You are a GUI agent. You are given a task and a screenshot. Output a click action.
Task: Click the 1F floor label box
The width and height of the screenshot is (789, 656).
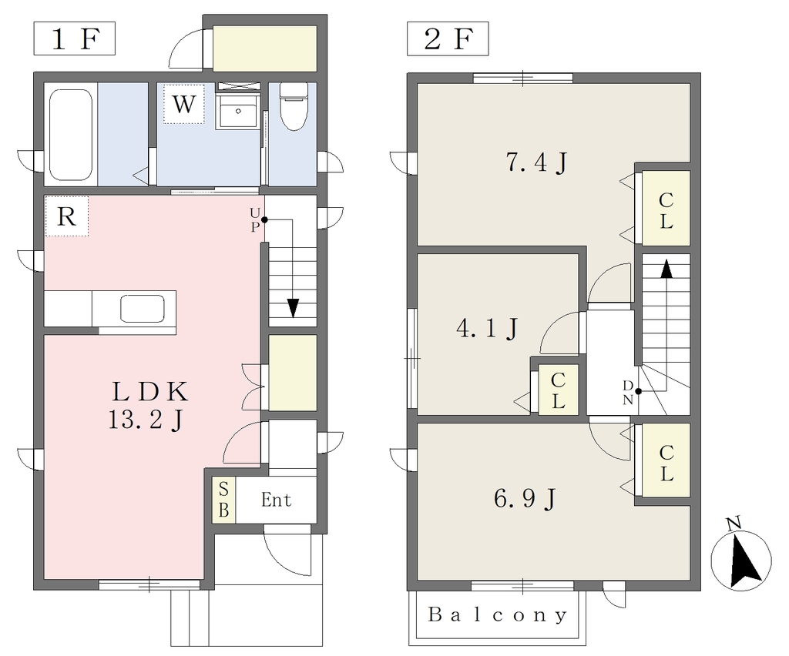75,38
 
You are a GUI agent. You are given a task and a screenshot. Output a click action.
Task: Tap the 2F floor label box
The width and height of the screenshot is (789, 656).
448,38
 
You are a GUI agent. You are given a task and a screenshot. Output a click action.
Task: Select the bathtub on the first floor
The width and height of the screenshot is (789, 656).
72,135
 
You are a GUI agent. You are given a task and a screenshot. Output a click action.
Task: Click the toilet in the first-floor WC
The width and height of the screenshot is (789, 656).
294,106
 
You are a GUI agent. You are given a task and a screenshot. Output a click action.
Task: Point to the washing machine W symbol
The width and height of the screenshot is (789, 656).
183,103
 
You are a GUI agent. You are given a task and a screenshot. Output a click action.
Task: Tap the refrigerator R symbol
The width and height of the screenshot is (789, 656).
67,216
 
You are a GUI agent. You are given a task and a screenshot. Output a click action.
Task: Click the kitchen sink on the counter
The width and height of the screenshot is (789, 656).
143,309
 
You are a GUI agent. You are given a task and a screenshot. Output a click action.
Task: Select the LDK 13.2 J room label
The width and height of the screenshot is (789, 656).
149,406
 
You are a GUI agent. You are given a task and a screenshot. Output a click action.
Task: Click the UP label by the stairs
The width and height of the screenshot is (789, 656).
255,220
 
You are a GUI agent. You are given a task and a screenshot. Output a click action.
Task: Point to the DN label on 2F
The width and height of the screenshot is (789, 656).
628,393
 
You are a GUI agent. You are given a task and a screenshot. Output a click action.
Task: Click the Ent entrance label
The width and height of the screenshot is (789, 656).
277,500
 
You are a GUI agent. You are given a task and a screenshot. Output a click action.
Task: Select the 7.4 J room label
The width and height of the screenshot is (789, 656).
537,162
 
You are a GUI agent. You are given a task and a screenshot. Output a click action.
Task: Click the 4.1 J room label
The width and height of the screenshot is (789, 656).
487,330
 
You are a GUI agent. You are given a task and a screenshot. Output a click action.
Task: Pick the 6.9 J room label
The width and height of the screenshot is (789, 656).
525,499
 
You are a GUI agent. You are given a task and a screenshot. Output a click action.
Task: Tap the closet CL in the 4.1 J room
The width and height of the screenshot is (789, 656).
558,390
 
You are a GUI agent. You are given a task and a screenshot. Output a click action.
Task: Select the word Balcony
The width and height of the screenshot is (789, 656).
498,614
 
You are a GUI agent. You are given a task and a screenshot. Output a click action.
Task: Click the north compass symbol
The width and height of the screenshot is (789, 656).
740,559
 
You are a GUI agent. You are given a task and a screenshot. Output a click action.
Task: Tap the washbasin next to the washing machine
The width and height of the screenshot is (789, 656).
237,111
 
